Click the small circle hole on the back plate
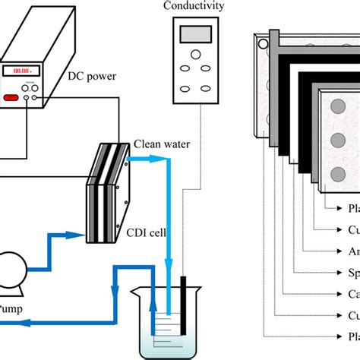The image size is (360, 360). [264, 45]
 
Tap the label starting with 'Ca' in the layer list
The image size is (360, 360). [352, 292]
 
